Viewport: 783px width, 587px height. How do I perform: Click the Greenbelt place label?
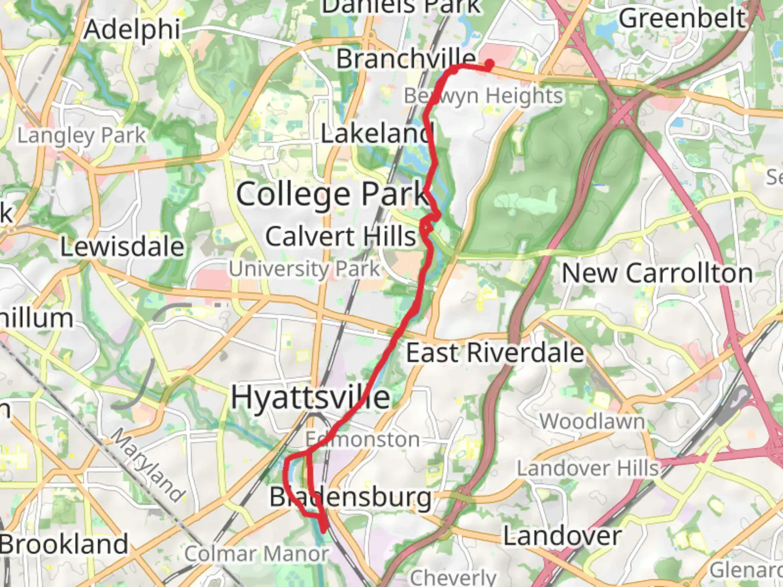click(x=682, y=18)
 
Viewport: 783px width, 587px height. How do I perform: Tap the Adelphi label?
click(x=132, y=29)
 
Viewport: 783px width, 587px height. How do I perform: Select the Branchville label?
click(x=406, y=58)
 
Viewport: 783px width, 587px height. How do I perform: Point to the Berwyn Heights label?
click(x=483, y=96)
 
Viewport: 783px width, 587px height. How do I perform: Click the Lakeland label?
click(x=377, y=134)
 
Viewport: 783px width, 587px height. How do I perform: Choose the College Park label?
click(x=332, y=195)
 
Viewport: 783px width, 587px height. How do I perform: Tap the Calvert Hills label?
click(x=340, y=236)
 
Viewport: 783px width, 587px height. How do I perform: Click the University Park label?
click(x=304, y=268)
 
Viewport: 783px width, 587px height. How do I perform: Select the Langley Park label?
click(x=82, y=135)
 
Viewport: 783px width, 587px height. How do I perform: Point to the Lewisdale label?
click(x=122, y=247)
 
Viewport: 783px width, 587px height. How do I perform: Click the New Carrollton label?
click(x=657, y=273)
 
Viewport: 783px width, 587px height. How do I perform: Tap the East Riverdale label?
click(x=495, y=353)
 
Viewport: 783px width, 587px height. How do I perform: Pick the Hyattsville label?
click(x=310, y=397)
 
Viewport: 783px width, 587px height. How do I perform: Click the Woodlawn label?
click(x=592, y=421)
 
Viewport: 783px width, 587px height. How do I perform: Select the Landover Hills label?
click(x=588, y=468)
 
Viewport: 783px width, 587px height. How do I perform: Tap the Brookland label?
click(x=64, y=544)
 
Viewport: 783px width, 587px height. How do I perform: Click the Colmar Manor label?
click(x=256, y=554)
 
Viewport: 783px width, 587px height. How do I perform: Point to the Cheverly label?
click(x=453, y=577)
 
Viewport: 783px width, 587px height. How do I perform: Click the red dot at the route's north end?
click(x=489, y=65)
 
